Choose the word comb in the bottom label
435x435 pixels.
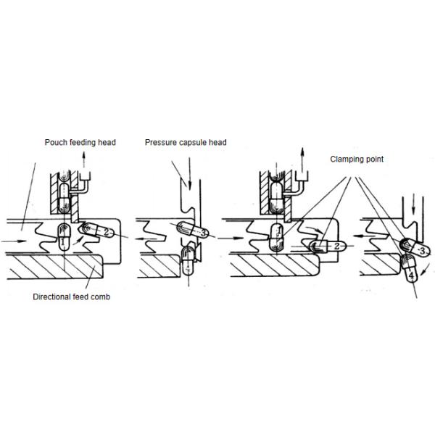[100, 297]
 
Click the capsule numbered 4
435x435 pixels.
[409, 268]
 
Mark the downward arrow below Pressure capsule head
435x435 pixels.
[190, 174]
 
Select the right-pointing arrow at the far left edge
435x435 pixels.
[14, 241]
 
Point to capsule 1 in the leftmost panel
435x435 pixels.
[64, 236]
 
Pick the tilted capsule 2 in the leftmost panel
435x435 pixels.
[96, 231]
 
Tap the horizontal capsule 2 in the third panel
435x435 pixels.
[328, 246]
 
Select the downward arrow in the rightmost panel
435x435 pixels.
[414, 204]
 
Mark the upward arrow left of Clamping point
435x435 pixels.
[302, 159]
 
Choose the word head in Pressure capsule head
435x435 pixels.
[217, 142]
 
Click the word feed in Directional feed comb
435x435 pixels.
[80, 297]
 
